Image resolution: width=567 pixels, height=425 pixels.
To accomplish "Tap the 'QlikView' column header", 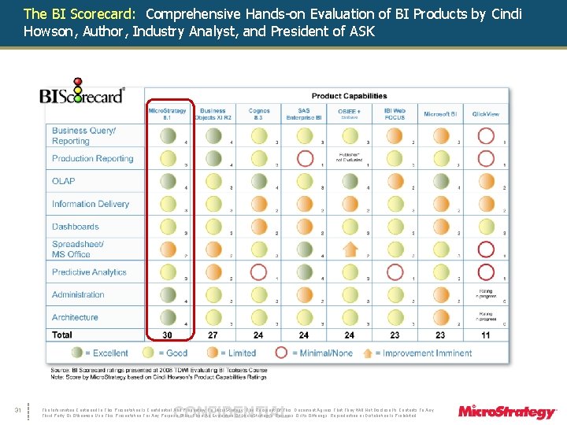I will click(x=485, y=114).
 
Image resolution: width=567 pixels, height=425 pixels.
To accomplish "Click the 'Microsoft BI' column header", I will click(x=440, y=114).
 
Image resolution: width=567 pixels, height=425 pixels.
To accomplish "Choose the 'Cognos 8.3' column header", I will click(x=258, y=114).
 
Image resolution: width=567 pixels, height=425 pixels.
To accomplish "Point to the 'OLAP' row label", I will click(x=64, y=181).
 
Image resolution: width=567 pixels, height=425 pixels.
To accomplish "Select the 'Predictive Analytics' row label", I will click(x=89, y=272).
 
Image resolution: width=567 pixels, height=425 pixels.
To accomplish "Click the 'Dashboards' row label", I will click(x=76, y=227).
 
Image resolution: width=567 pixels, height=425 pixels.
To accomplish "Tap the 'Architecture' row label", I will click(x=75, y=317).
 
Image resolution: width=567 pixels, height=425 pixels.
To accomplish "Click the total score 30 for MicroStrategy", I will click(x=168, y=335).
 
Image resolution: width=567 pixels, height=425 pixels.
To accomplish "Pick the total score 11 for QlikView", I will click(x=486, y=335).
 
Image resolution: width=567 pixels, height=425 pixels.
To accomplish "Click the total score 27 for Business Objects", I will click(x=213, y=335).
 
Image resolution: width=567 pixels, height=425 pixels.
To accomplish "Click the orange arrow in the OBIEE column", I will click(x=350, y=249).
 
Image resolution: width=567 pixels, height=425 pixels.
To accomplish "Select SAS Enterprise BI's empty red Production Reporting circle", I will click(x=304, y=158).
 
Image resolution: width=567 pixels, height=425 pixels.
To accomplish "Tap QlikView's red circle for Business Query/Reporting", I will click(x=486, y=135).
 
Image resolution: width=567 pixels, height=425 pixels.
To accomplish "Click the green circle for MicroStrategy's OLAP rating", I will click(x=168, y=181).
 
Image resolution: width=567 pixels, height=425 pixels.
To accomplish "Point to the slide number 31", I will click(x=17, y=408).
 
